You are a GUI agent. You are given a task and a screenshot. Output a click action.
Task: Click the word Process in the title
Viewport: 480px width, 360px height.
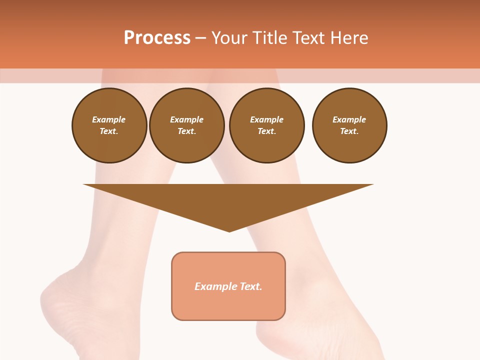(157, 38)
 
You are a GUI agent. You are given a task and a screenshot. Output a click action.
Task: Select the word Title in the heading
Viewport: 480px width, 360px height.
(270, 38)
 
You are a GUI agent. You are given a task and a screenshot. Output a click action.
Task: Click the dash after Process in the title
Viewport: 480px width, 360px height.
(200, 38)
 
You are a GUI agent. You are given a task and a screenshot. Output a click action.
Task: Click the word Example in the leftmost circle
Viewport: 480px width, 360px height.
(108, 119)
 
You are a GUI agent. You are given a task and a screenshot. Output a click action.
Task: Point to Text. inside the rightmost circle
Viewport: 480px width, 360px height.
(349, 131)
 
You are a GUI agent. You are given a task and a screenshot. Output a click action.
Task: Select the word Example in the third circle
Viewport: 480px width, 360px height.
(266, 119)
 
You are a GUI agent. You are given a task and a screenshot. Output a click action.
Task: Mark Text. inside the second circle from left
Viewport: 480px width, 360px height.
(186, 131)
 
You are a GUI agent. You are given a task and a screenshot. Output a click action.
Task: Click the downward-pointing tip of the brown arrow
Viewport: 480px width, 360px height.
(229, 230)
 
